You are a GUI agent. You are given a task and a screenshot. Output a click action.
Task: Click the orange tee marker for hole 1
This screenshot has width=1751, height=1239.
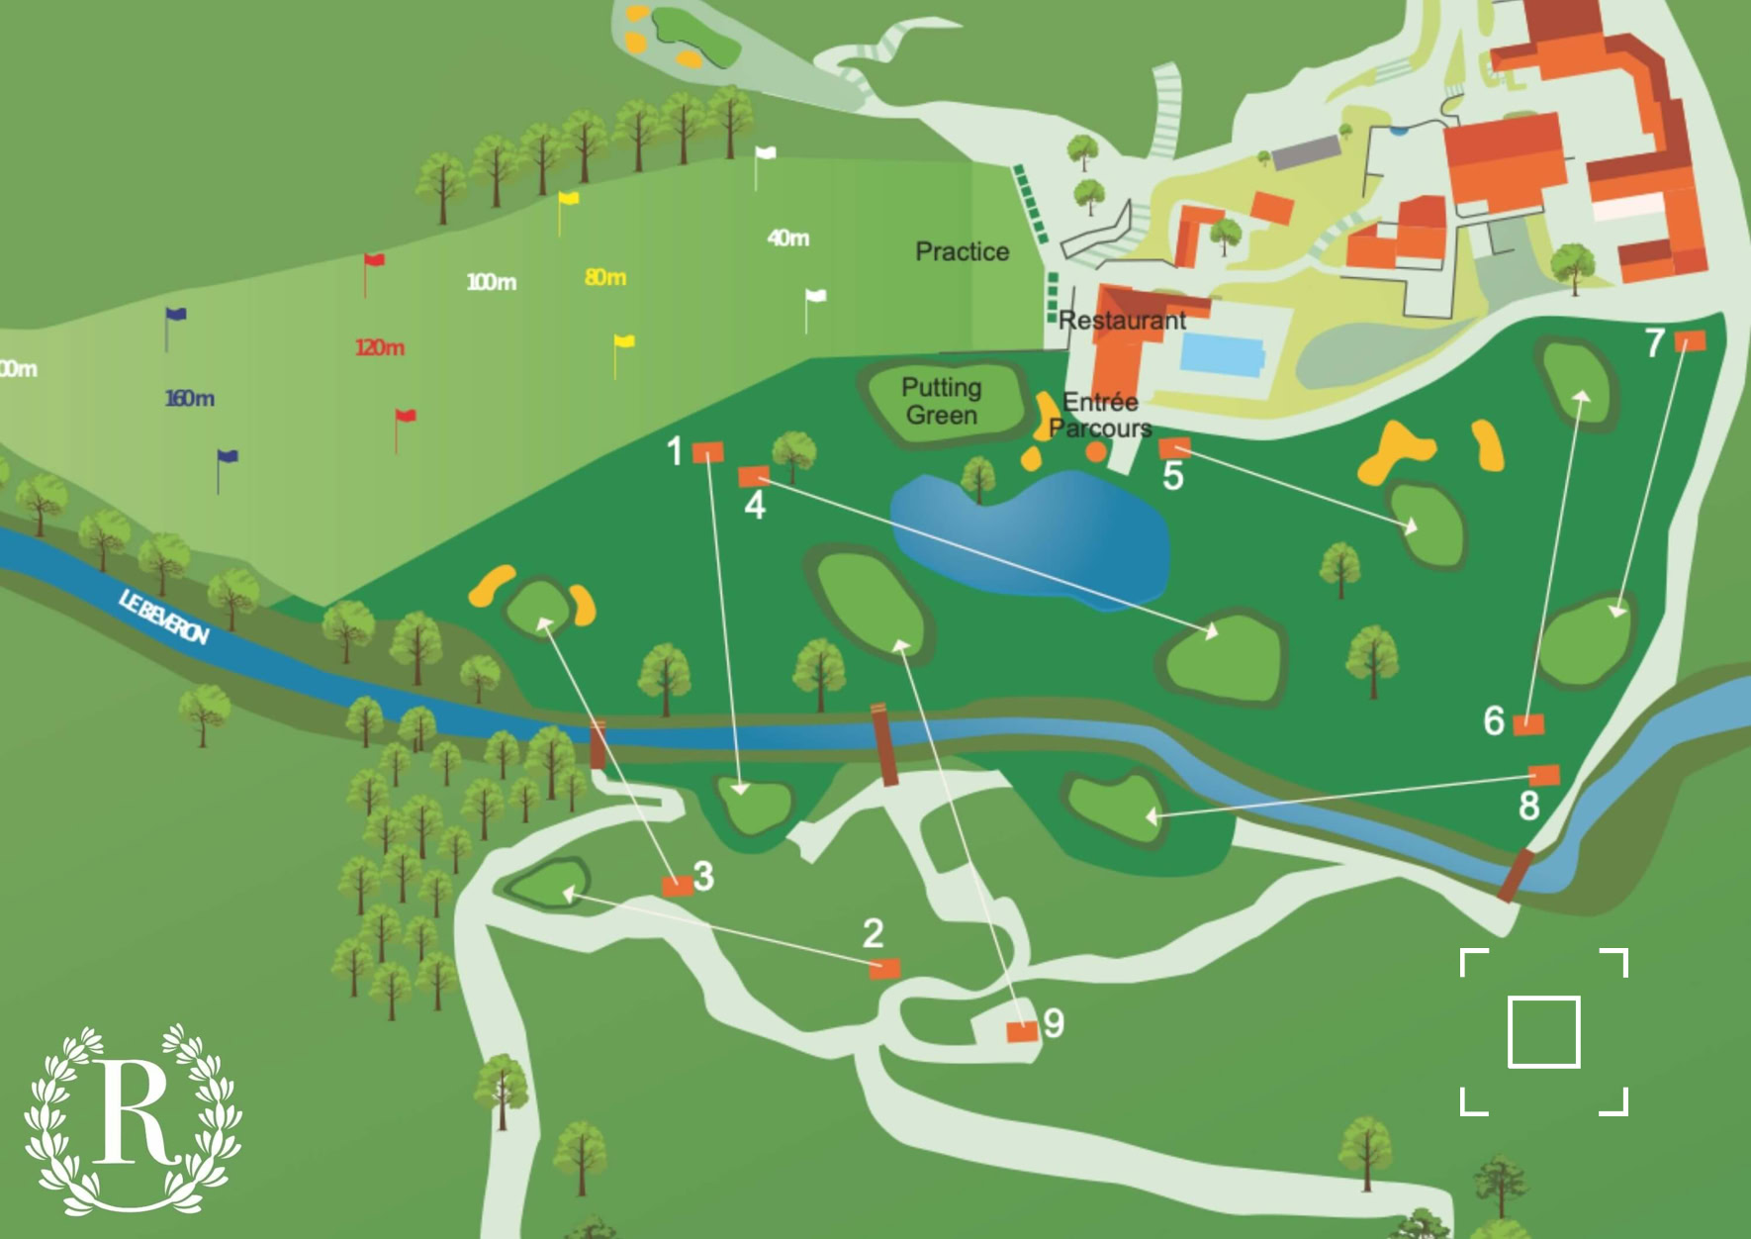point(707,453)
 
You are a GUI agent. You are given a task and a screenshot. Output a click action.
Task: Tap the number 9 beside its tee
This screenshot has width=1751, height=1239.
point(1054,1023)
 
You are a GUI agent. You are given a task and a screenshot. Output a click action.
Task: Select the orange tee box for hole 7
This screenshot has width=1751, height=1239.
point(1690,341)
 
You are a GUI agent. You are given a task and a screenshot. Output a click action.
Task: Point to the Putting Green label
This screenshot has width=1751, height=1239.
point(942,401)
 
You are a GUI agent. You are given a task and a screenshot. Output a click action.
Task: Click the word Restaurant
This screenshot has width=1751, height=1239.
point(1122,321)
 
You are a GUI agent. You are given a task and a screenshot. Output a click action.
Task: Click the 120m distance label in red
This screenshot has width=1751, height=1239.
point(380,348)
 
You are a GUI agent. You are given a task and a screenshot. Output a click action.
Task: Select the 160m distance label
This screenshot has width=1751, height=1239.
point(189,399)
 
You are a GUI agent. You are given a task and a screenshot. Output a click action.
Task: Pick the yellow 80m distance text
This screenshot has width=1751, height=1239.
point(604,278)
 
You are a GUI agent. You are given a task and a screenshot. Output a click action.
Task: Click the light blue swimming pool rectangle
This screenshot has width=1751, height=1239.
point(1222,354)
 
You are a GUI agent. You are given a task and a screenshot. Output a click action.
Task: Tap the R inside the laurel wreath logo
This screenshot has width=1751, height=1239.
point(134,1113)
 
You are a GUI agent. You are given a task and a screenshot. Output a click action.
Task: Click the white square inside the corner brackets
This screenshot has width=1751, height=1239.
point(1543,1032)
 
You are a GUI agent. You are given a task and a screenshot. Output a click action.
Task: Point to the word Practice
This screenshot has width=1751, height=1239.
point(962,252)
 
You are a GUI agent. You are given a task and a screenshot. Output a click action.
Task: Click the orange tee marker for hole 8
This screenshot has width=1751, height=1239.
point(1544,775)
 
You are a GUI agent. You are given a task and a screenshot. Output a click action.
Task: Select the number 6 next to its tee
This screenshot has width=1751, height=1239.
point(1494,721)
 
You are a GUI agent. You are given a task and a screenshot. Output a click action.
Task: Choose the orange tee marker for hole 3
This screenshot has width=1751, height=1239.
point(677,886)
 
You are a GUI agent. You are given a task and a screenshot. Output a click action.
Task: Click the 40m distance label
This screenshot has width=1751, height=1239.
point(787,238)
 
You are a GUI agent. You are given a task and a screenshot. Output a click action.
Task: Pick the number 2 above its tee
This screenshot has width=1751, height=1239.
point(873,933)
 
